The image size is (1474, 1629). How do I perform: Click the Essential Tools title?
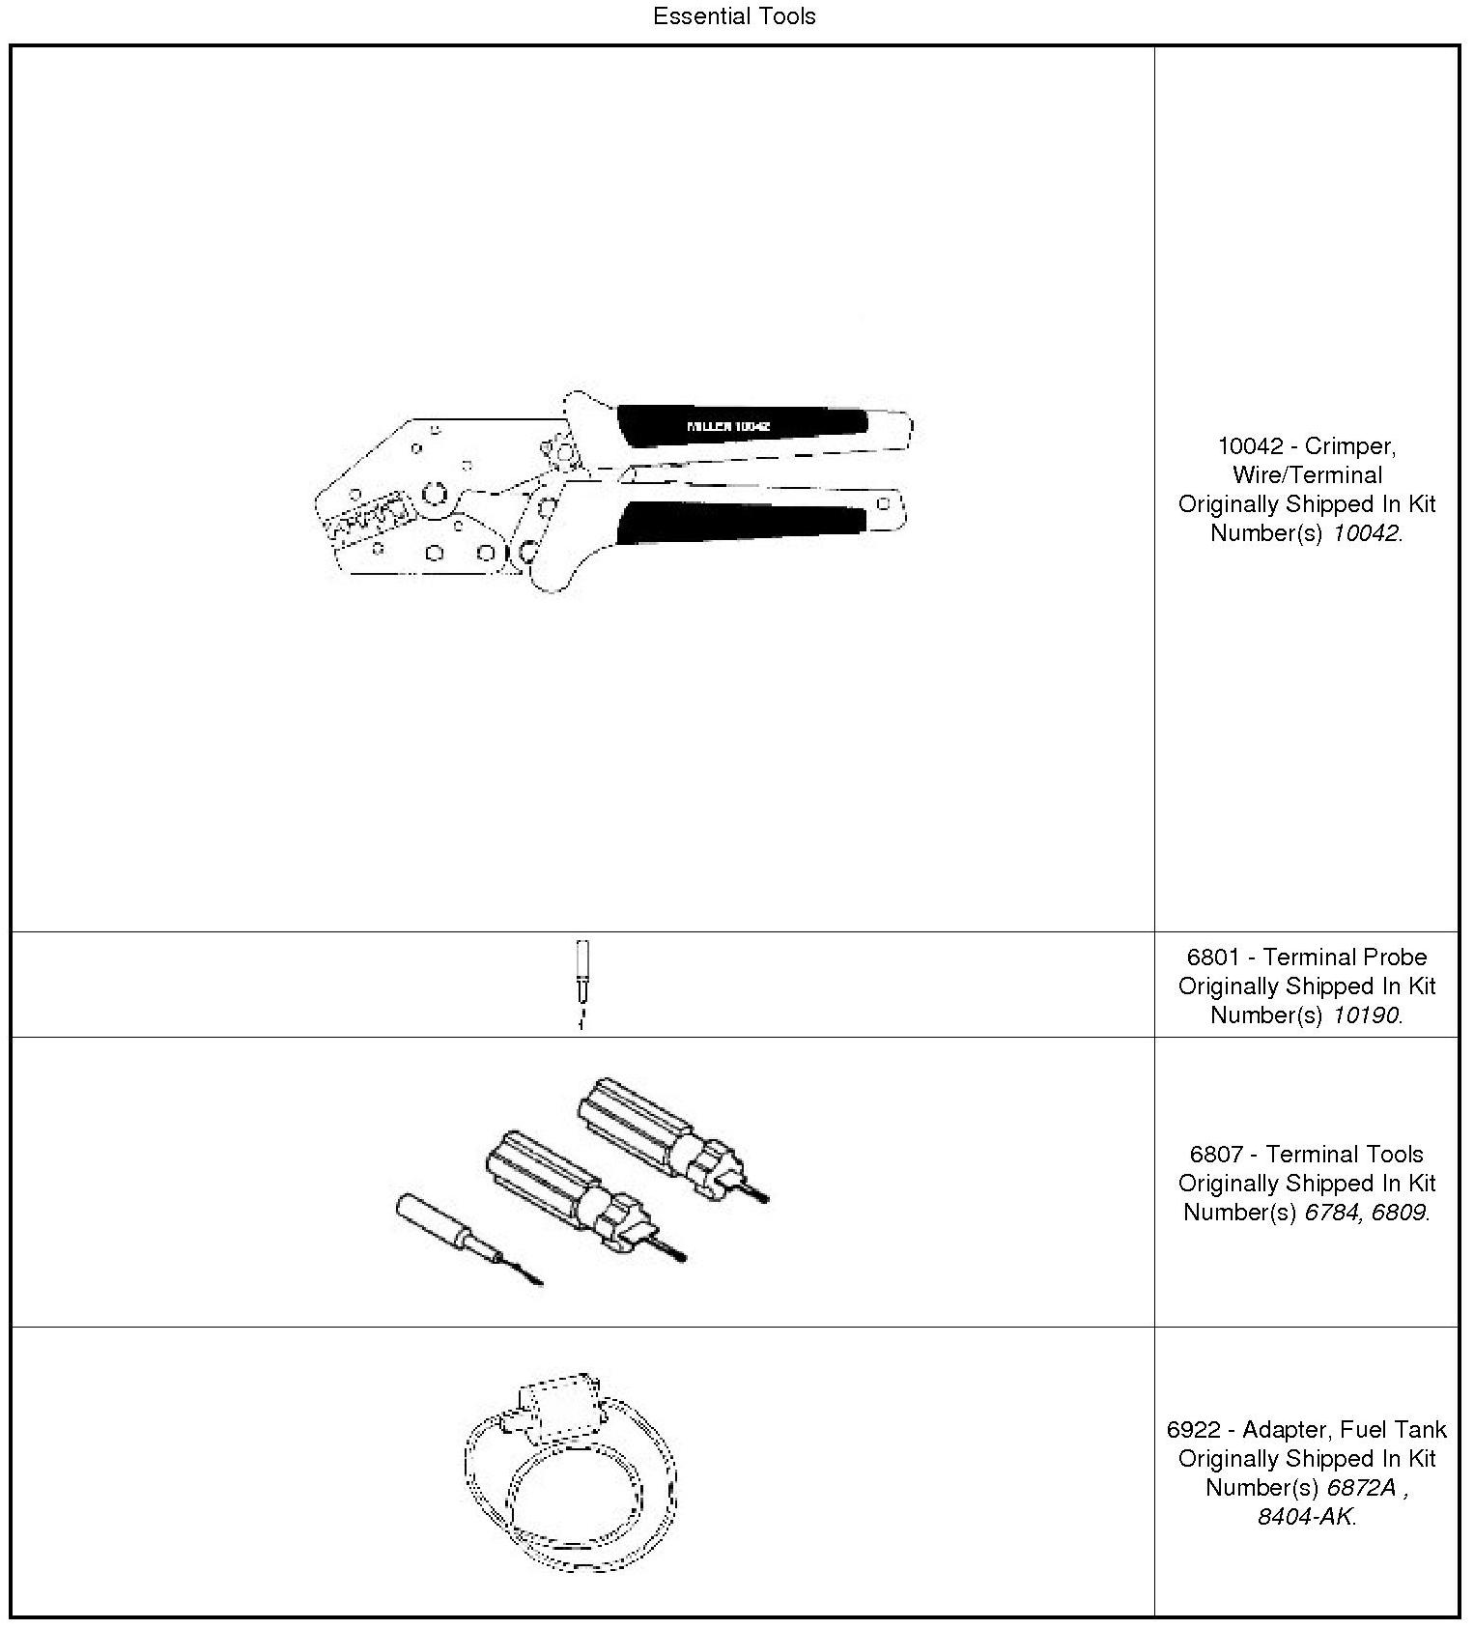[734, 16]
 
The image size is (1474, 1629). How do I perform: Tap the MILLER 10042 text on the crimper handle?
[727, 426]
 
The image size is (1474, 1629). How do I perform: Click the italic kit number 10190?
[1365, 1015]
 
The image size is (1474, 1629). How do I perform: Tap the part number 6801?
[1212, 957]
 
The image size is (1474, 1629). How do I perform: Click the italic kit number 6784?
[1331, 1213]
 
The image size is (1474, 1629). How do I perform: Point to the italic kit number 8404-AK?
[1304, 1517]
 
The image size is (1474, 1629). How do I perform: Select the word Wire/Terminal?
[1307, 475]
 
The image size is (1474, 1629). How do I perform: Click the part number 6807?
[1215, 1155]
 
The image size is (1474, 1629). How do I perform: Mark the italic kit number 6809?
[1398, 1213]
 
